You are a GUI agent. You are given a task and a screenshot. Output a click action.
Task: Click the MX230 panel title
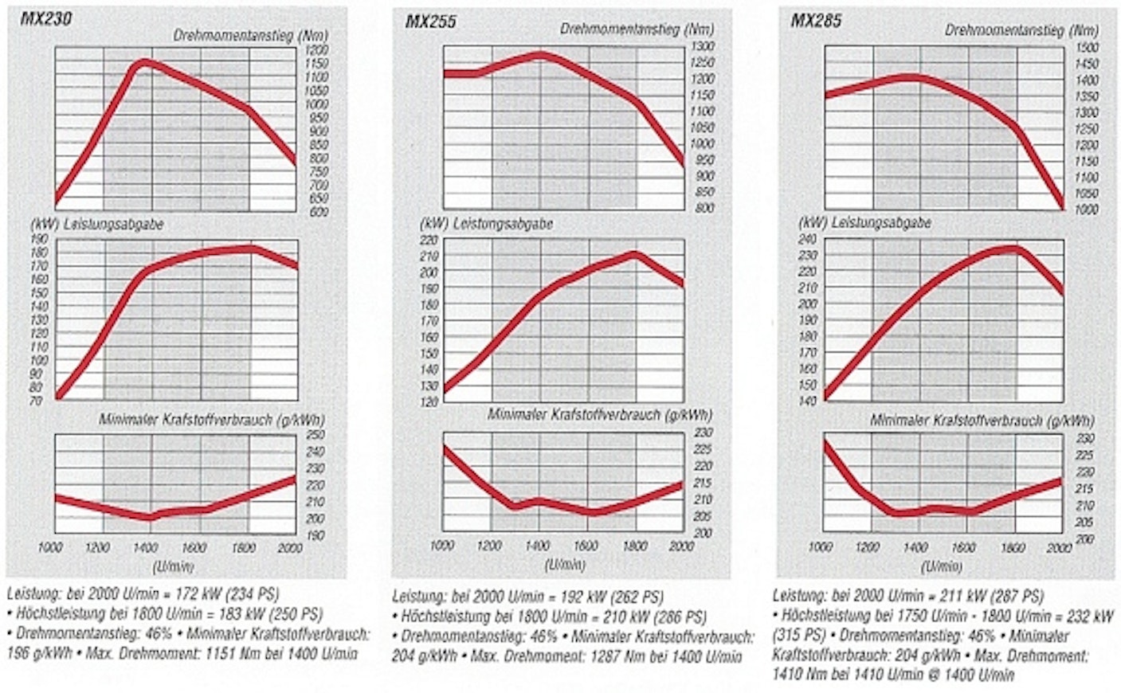[x=45, y=18]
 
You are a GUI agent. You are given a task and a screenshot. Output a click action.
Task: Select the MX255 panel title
[x=431, y=22]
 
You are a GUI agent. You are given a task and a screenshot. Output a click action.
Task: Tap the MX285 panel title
[x=816, y=21]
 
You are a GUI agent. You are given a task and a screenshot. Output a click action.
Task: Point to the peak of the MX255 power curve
[x=634, y=254]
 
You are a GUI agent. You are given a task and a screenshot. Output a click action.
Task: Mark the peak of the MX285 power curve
[x=1016, y=249]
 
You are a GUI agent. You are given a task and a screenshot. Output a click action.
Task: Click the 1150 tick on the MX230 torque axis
[x=316, y=63]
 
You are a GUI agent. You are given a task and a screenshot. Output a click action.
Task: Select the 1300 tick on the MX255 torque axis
[x=702, y=46]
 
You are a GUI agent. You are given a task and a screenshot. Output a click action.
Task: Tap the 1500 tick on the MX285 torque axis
[x=1087, y=48]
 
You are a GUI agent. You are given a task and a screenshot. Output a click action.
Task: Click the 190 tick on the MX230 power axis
[x=39, y=238]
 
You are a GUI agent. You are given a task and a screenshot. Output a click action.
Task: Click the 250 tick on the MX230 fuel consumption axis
[x=316, y=434]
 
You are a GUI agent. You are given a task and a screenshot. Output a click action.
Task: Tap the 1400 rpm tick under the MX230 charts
[x=147, y=547]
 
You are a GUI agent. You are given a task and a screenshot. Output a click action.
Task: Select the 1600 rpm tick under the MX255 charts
[x=586, y=546]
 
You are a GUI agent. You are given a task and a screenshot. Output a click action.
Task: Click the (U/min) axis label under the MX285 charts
[x=941, y=566]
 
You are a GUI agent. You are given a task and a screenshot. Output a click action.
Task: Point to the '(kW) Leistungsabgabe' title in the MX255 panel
[x=487, y=225]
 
